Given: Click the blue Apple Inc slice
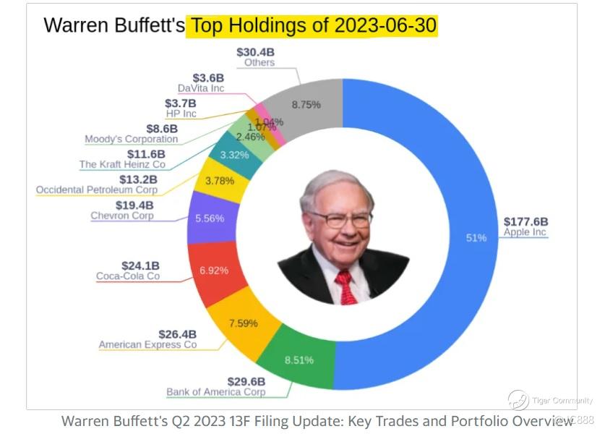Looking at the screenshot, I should pos(463,239).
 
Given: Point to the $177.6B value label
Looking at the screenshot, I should pos(525,221).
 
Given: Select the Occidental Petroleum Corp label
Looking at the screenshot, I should pos(96,190).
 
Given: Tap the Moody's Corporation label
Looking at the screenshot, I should pos(131,139).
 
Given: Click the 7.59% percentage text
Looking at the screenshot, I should pos(244,323).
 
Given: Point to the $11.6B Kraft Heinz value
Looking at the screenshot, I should pos(146,154).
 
